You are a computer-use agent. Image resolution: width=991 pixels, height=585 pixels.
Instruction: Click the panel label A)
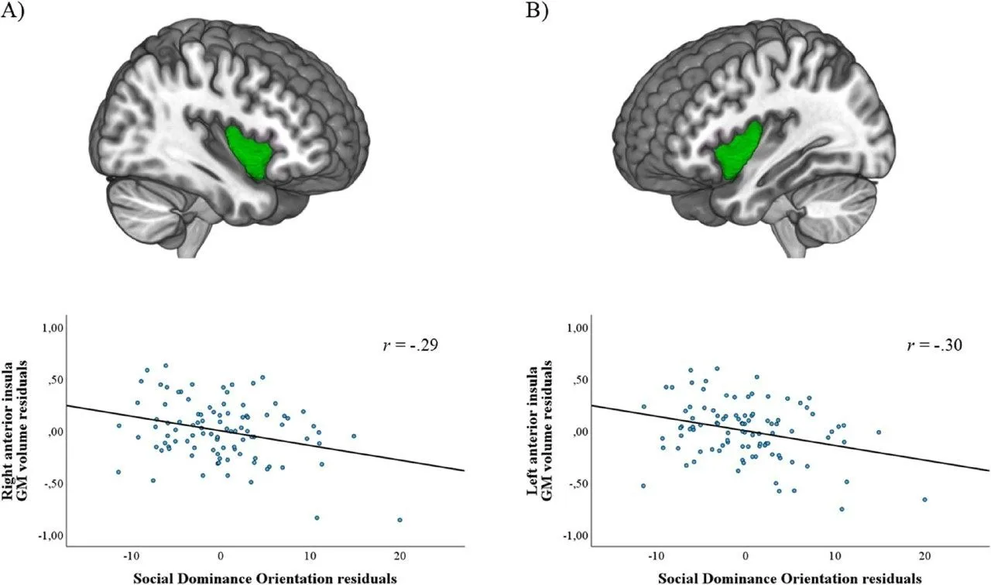[12, 10]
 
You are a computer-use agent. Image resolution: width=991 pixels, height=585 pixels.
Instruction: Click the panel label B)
[537, 10]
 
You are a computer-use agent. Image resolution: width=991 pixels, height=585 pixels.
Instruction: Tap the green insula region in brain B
[738, 150]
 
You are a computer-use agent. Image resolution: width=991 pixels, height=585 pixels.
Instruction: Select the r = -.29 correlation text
[410, 345]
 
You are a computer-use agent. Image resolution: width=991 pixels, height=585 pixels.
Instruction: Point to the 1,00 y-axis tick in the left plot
[53, 328]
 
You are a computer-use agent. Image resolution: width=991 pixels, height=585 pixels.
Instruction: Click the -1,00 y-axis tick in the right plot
[574, 536]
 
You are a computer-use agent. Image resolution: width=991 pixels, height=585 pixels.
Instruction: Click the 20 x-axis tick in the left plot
[399, 556]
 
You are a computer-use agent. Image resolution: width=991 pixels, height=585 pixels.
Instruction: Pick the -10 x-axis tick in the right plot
[656, 556]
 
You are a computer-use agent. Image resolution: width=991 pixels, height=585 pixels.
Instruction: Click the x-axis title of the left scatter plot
[265, 578]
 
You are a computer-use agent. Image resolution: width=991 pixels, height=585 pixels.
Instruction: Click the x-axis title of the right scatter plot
[790, 578]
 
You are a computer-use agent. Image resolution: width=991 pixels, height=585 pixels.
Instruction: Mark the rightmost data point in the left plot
[400, 520]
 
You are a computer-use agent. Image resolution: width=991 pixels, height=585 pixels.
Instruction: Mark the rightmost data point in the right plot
[924, 500]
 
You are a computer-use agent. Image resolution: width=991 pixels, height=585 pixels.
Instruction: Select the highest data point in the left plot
[166, 366]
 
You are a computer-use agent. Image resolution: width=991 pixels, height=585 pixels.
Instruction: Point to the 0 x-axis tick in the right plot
[746, 556]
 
